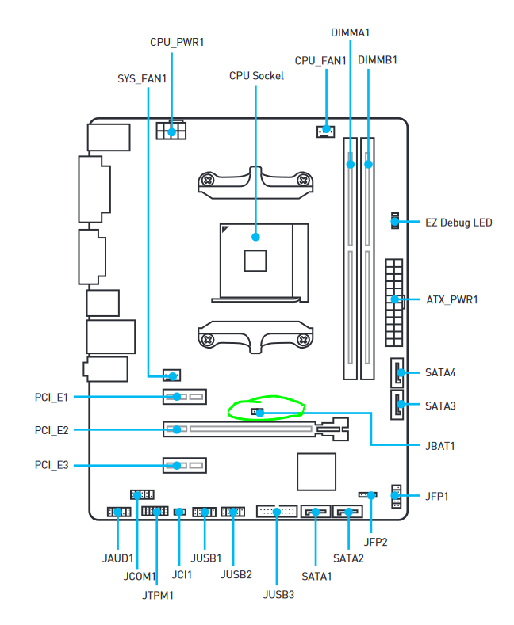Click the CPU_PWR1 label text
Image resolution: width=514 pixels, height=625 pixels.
click(x=177, y=41)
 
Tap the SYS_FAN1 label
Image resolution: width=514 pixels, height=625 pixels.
click(x=142, y=78)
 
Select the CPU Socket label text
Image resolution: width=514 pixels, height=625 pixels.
click(x=256, y=76)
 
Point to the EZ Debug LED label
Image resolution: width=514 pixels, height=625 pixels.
click(x=459, y=223)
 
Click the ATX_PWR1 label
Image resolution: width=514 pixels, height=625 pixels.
click(x=452, y=299)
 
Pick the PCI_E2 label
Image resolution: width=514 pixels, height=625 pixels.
click(x=52, y=430)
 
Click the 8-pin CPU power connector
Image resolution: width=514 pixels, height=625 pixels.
click(x=171, y=130)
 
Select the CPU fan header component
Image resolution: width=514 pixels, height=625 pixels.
click(x=324, y=130)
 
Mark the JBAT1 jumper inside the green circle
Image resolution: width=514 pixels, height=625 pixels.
click(x=255, y=412)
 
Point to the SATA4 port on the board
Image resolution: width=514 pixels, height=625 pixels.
click(x=397, y=372)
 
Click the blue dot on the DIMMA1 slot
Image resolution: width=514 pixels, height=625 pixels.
click(x=351, y=165)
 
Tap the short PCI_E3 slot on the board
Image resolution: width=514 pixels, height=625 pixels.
click(x=185, y=464)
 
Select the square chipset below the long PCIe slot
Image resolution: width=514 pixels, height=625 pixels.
click(x=317, y=471)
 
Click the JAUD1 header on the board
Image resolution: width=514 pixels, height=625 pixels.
click(x=118, y=512)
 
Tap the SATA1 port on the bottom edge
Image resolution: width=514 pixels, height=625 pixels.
click(x=316, y=512)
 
